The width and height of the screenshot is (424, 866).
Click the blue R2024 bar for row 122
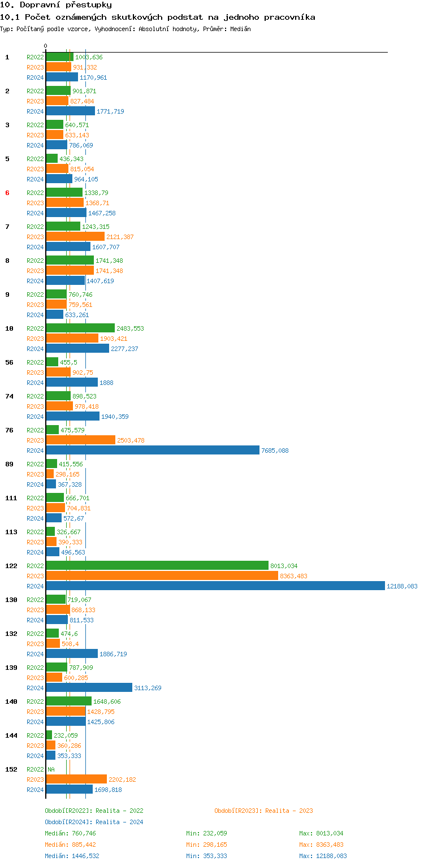coord(215,586)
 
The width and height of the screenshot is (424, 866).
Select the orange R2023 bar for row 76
coord(80,440)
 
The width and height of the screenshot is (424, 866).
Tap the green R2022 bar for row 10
coord(80,328)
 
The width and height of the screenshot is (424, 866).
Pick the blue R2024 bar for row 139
coord(89,688)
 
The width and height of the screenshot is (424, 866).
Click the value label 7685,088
coord(275,451)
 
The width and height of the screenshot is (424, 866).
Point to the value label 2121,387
coord(120,237)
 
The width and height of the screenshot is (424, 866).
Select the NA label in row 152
coord(51,769)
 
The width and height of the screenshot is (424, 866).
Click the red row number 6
coord(7,193)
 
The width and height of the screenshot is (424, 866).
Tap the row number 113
coord(11,532)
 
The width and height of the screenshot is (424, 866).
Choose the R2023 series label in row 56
coord(35,373)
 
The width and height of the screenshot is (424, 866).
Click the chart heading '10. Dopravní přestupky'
coord(51,5)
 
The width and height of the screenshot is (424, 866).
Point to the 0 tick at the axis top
coord(46,46)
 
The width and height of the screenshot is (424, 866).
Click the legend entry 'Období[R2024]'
coord(69,822)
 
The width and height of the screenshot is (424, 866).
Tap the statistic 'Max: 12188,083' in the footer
coord(323,856)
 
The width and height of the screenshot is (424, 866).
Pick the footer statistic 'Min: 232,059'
coord(206,833)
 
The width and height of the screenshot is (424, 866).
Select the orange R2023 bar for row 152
coord(76,780)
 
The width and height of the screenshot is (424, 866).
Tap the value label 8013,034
coord(284,566)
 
